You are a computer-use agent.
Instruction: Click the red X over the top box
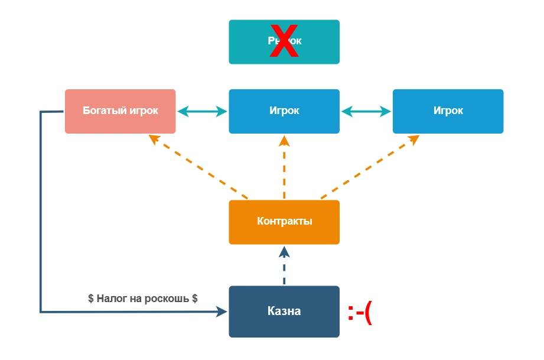tap(284, 42)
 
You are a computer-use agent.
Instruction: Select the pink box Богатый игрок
tap(120, 111)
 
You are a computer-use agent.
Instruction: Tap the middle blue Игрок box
tap(284, 111)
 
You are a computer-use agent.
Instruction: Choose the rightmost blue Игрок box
tap(448, 111)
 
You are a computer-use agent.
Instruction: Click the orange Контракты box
tap(284, 222)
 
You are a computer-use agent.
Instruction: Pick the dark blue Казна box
tap(284, 312)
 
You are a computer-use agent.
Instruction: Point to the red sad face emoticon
tap(360, 313)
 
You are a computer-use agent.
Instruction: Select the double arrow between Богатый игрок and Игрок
tap(202, 111)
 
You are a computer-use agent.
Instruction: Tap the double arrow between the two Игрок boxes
tap(366, 111)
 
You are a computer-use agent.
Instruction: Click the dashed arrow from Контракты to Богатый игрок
tap(198, 167)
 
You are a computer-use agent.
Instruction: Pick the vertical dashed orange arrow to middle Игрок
tap(284, 168)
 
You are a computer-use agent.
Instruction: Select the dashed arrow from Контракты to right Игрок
tap(370, 167)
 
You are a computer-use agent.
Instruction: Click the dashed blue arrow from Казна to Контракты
tap(284, 266)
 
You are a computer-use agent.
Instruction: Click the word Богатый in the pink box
tap(101, 111)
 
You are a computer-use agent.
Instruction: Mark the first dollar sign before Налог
tap(91, 299)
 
